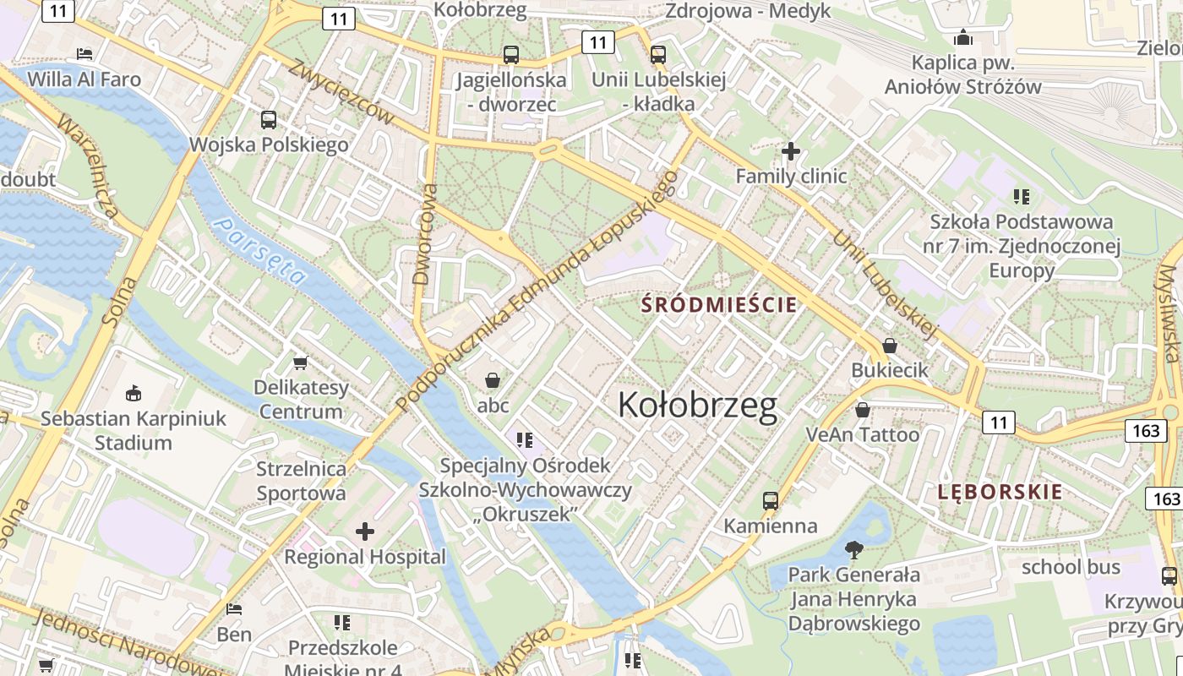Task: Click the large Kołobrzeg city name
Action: coord(697,406)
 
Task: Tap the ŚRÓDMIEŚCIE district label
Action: coord(719,304)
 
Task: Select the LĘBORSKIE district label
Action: coord(1000,492)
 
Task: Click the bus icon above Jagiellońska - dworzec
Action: coord(511,55)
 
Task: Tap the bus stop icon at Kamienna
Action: coord(770,500)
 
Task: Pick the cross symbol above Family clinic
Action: coord(791,151)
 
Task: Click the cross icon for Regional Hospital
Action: coord(365,532)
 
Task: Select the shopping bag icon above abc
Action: coord(493,380)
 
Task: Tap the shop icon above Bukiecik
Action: coord(889,345)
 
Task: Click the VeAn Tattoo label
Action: coord(862,434)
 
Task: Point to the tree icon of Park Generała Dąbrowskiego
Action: coord(854,550)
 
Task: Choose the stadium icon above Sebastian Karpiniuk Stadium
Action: coord(134,393)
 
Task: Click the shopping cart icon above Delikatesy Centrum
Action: coord(300,363)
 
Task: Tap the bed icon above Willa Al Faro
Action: coord(84,53)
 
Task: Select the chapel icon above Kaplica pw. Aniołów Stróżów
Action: coord(962,37)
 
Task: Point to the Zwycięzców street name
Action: coord(341,92)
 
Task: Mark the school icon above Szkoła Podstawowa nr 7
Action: coord(1021,197)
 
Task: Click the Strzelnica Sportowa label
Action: coord(301,481)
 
